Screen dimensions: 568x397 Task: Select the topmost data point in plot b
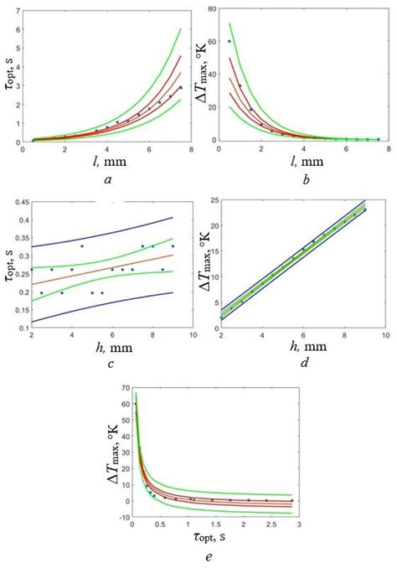click(229, 41)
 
